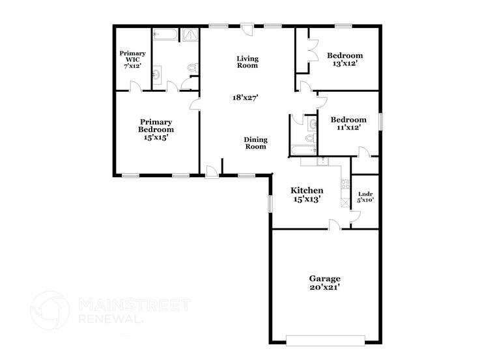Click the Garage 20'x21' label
point(324,283)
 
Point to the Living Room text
point(247,62)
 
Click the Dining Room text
point(255,143)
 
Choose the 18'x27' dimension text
point(246,98)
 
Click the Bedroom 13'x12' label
point(345,60)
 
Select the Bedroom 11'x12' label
point(348,124)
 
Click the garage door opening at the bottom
point(326,340)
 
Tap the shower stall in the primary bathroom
point(190,35)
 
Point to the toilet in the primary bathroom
point(191,67)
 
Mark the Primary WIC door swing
point(134,86)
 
